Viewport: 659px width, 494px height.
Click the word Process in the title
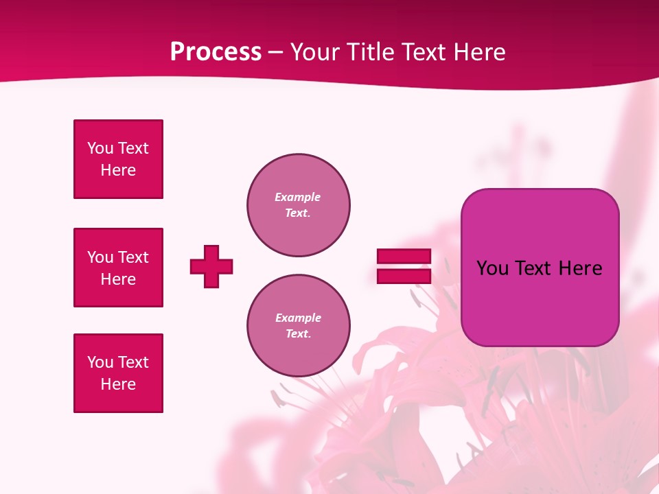pos(216,52)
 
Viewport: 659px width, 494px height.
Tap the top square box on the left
pos(118,159)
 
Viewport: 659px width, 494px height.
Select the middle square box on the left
pos(118,268)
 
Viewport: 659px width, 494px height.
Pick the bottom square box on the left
pos(118,373)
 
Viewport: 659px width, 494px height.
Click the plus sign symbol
pos(211,266)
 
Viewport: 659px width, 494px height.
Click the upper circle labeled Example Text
pos(298,205)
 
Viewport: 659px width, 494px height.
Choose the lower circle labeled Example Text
pos(298,326)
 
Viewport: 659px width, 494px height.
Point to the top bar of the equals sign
pos(404,256)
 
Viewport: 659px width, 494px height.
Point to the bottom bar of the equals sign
pos(404,276)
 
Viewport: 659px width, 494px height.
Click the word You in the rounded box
pos(493,268)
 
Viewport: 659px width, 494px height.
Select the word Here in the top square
pos(118,170)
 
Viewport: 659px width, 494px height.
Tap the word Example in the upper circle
pos(298,197)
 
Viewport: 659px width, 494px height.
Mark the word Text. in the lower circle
pos(298,334)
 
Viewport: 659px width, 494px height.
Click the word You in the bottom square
pos(100,362)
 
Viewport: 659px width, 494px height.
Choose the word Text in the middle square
pos(133,257)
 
